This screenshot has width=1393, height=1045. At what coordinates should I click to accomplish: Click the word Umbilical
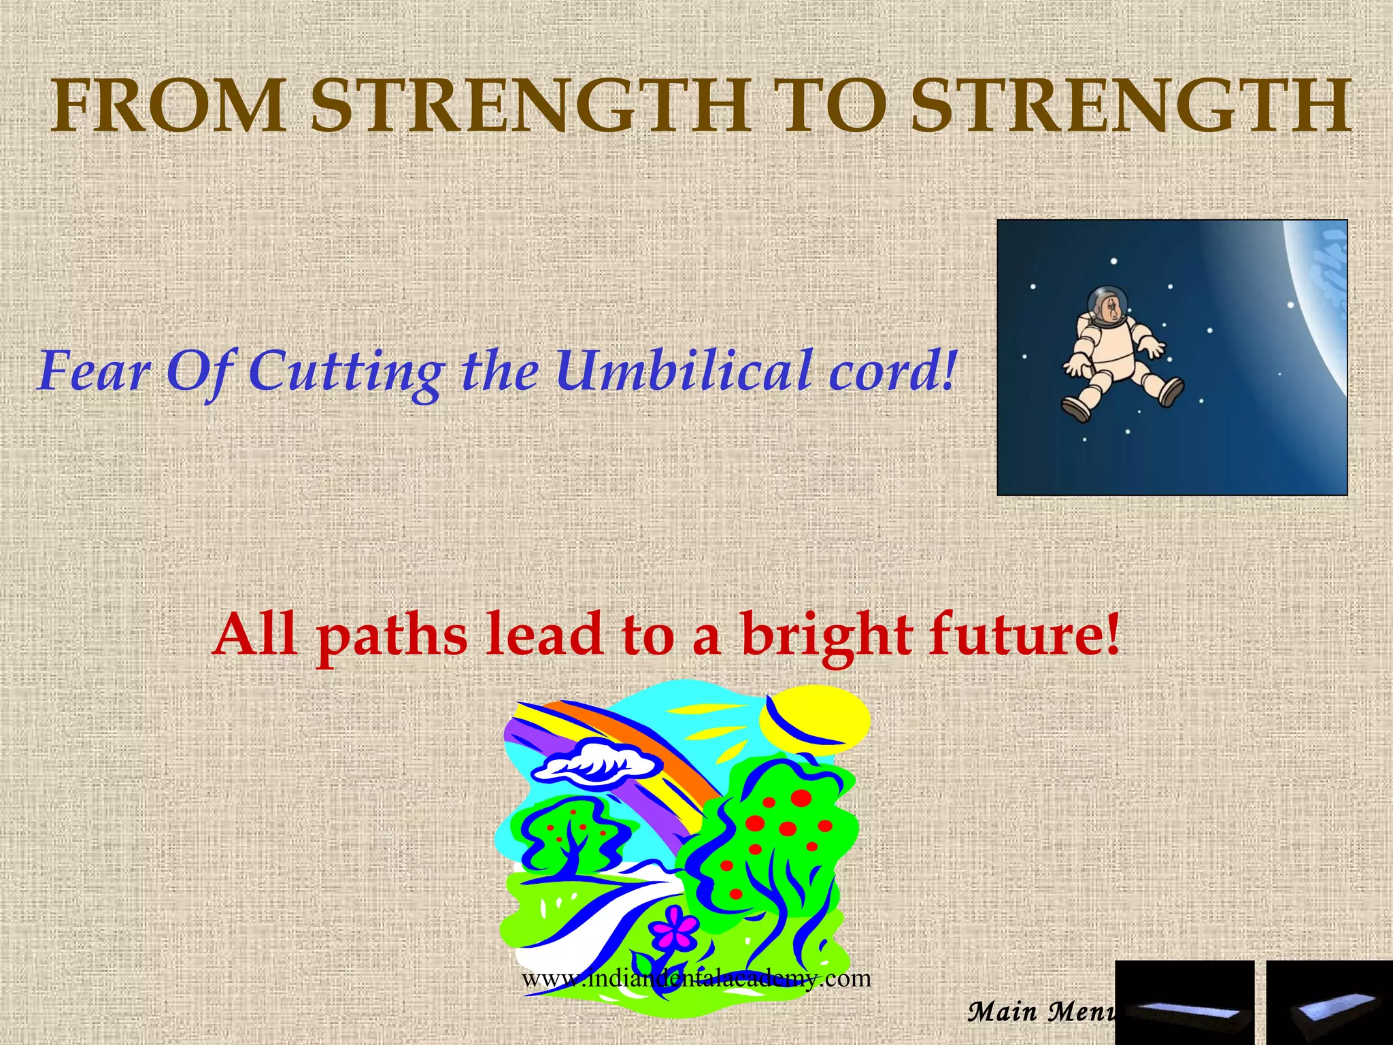pos(684,371)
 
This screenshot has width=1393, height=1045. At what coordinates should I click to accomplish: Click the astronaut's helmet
pos(1103,303)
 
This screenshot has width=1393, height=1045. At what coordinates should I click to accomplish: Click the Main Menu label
pos(1041,1012)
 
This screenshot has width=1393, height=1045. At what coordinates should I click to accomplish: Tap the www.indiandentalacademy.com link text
pos(696,978)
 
